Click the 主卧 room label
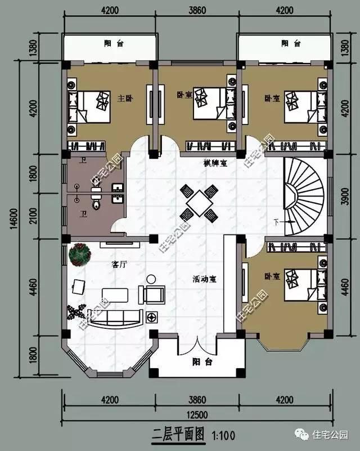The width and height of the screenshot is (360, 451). (124, 99)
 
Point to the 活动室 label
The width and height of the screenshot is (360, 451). (205, 279)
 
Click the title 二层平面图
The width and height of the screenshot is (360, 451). (179, 435)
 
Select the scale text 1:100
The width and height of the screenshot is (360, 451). (223, 435)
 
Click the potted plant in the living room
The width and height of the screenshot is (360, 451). (79, 254)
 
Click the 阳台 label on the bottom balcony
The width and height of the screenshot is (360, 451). (201, 362)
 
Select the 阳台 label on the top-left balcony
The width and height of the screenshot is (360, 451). (111, 43)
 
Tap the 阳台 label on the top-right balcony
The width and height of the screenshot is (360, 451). (290, 43)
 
